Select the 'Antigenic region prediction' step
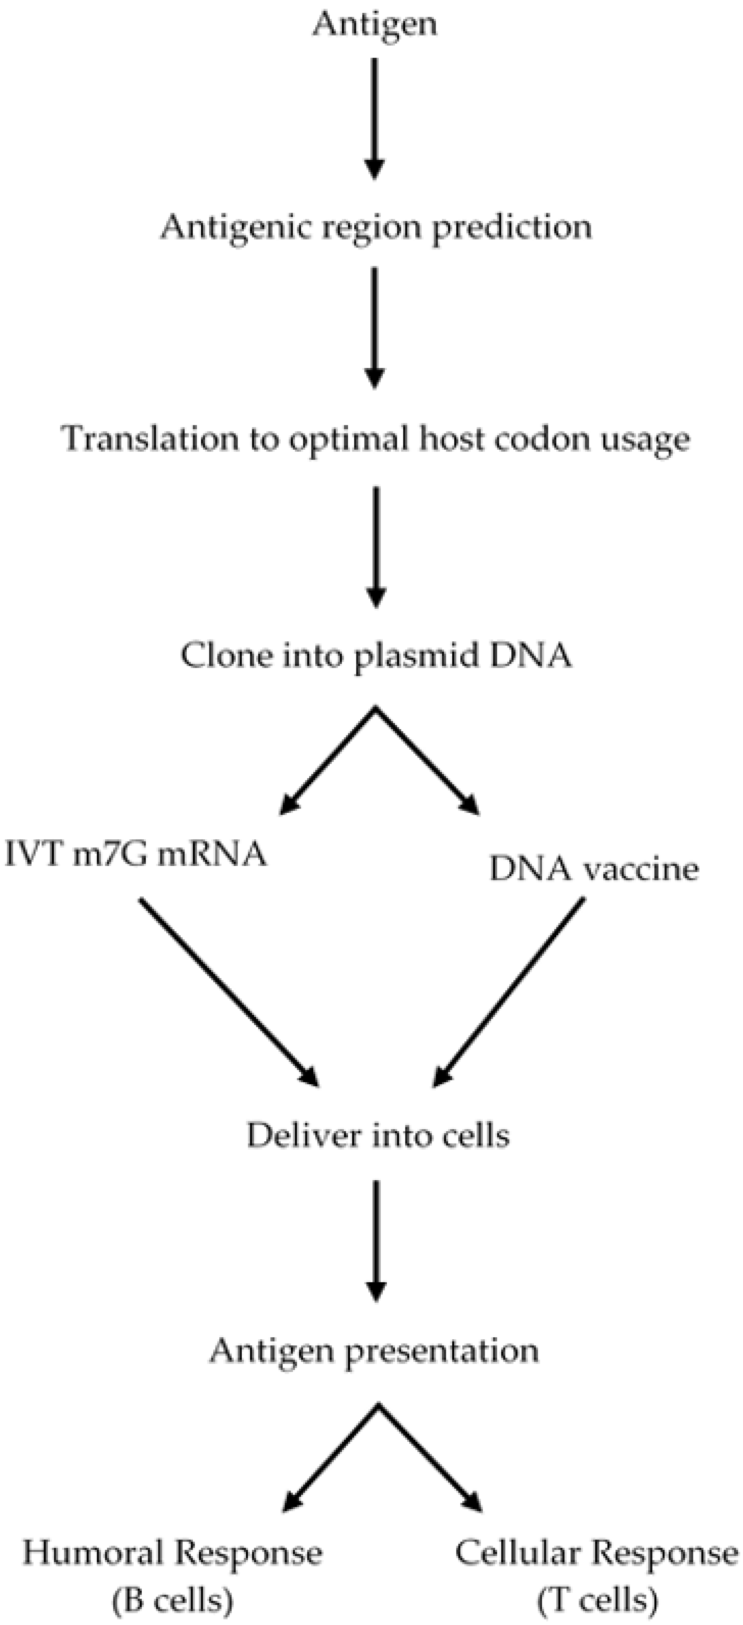(376, 227)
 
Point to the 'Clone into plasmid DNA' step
(376, 656)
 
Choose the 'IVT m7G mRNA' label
(136, 855)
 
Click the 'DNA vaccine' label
(594, 870)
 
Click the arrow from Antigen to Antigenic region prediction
(375, 117)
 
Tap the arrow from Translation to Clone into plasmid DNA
(376, 546)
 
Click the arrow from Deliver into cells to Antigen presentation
(376, 1240)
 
